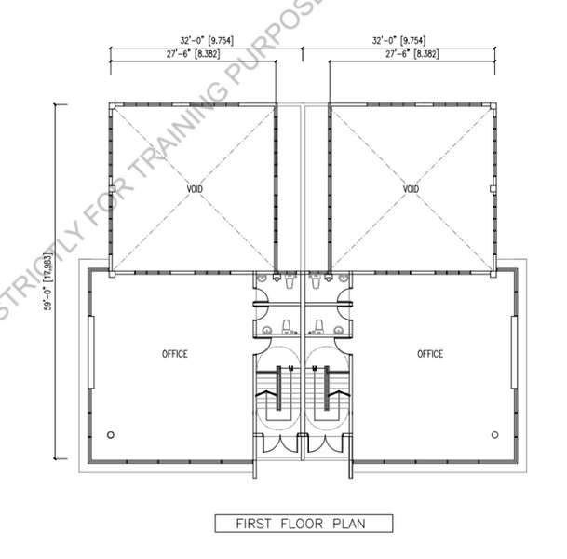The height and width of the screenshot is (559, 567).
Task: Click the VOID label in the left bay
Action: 195,189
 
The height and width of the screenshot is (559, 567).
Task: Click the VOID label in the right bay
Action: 411,189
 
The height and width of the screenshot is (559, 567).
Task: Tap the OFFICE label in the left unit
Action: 175,354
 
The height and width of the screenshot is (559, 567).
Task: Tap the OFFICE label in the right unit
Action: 430,354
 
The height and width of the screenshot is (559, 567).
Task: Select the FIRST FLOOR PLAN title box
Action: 304,524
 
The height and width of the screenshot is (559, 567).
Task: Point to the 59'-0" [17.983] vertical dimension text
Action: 48,281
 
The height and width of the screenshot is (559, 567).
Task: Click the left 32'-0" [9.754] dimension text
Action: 207,40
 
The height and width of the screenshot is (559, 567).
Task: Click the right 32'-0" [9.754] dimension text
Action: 398,40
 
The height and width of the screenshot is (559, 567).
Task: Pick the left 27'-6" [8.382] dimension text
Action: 193,54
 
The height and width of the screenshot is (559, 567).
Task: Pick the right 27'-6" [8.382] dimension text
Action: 412,54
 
